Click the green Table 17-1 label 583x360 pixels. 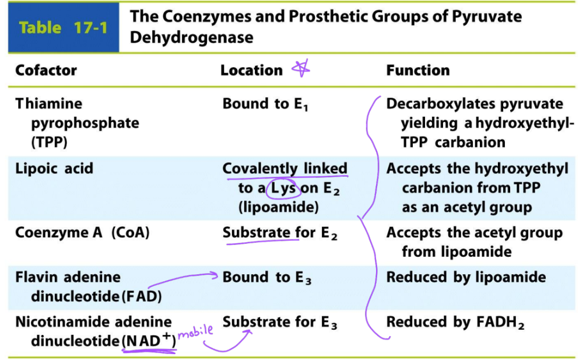click(63, 27)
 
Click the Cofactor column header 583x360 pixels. click(46, 71)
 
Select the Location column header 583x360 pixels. click(251, 71)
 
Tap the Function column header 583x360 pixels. click(418, 71)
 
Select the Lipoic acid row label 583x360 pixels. click(54, 169)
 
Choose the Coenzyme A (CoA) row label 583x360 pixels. click(83, 233)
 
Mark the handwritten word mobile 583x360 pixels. click(195, 333)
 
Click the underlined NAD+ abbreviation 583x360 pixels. click(149, 341)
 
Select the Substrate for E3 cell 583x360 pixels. click(280, 322)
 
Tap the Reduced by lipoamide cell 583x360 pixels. click(466, 278)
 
